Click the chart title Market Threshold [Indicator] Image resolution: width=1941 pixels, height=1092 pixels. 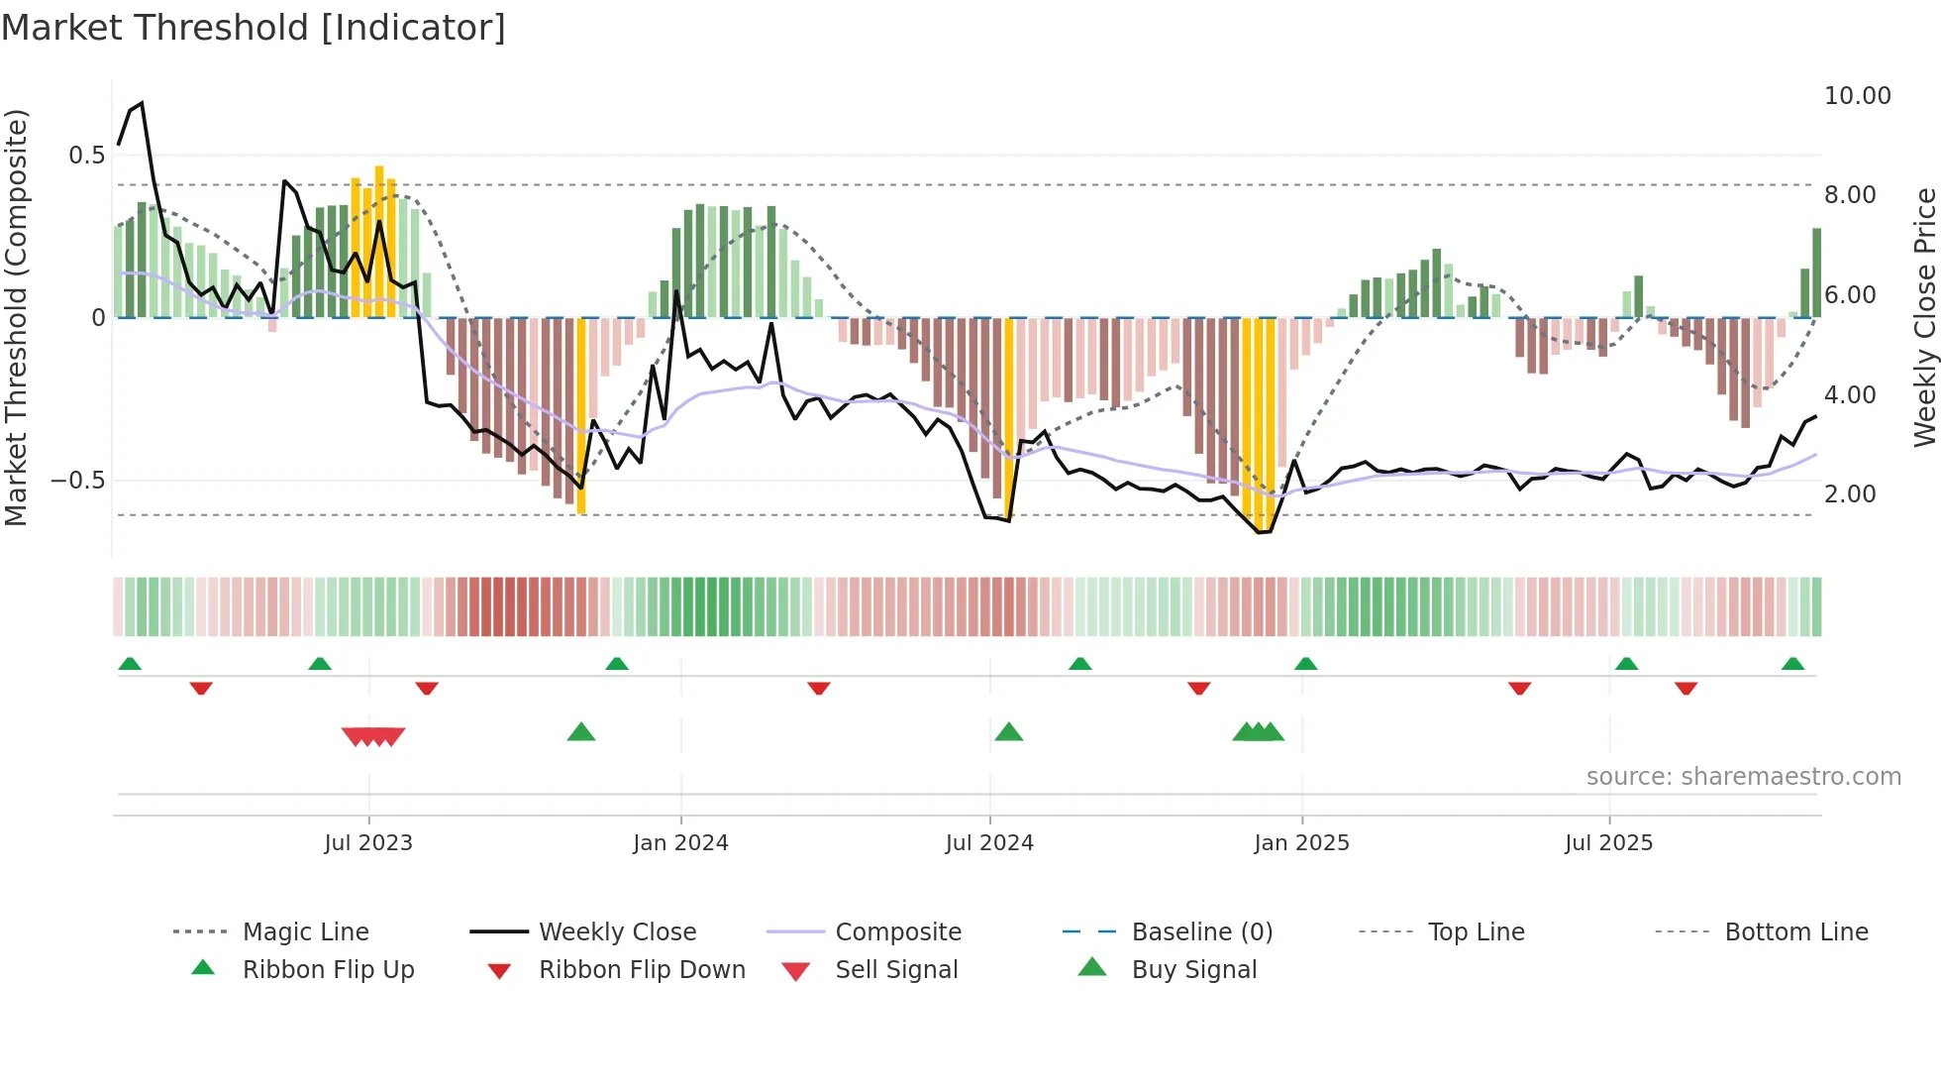254,28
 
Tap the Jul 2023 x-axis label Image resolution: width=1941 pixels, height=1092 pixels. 368,843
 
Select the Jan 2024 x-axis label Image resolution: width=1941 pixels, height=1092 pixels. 680,843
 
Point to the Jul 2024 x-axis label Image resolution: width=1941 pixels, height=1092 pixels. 989,843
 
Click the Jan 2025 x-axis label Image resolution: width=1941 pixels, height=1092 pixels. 1301,843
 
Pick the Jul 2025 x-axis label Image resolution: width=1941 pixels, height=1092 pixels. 1608,843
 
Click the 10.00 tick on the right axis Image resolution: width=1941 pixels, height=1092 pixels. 1857,96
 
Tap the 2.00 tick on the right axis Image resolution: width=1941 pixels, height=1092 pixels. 1849,494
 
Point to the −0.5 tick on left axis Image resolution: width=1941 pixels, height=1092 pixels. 78,481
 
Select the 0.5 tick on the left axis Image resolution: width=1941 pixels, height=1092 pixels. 86,156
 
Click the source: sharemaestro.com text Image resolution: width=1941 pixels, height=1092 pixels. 1743,777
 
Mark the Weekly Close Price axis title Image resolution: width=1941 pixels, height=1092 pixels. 1924,317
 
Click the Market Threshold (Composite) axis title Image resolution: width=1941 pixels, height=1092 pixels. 16,317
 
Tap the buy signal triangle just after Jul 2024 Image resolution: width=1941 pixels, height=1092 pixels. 1008,732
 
